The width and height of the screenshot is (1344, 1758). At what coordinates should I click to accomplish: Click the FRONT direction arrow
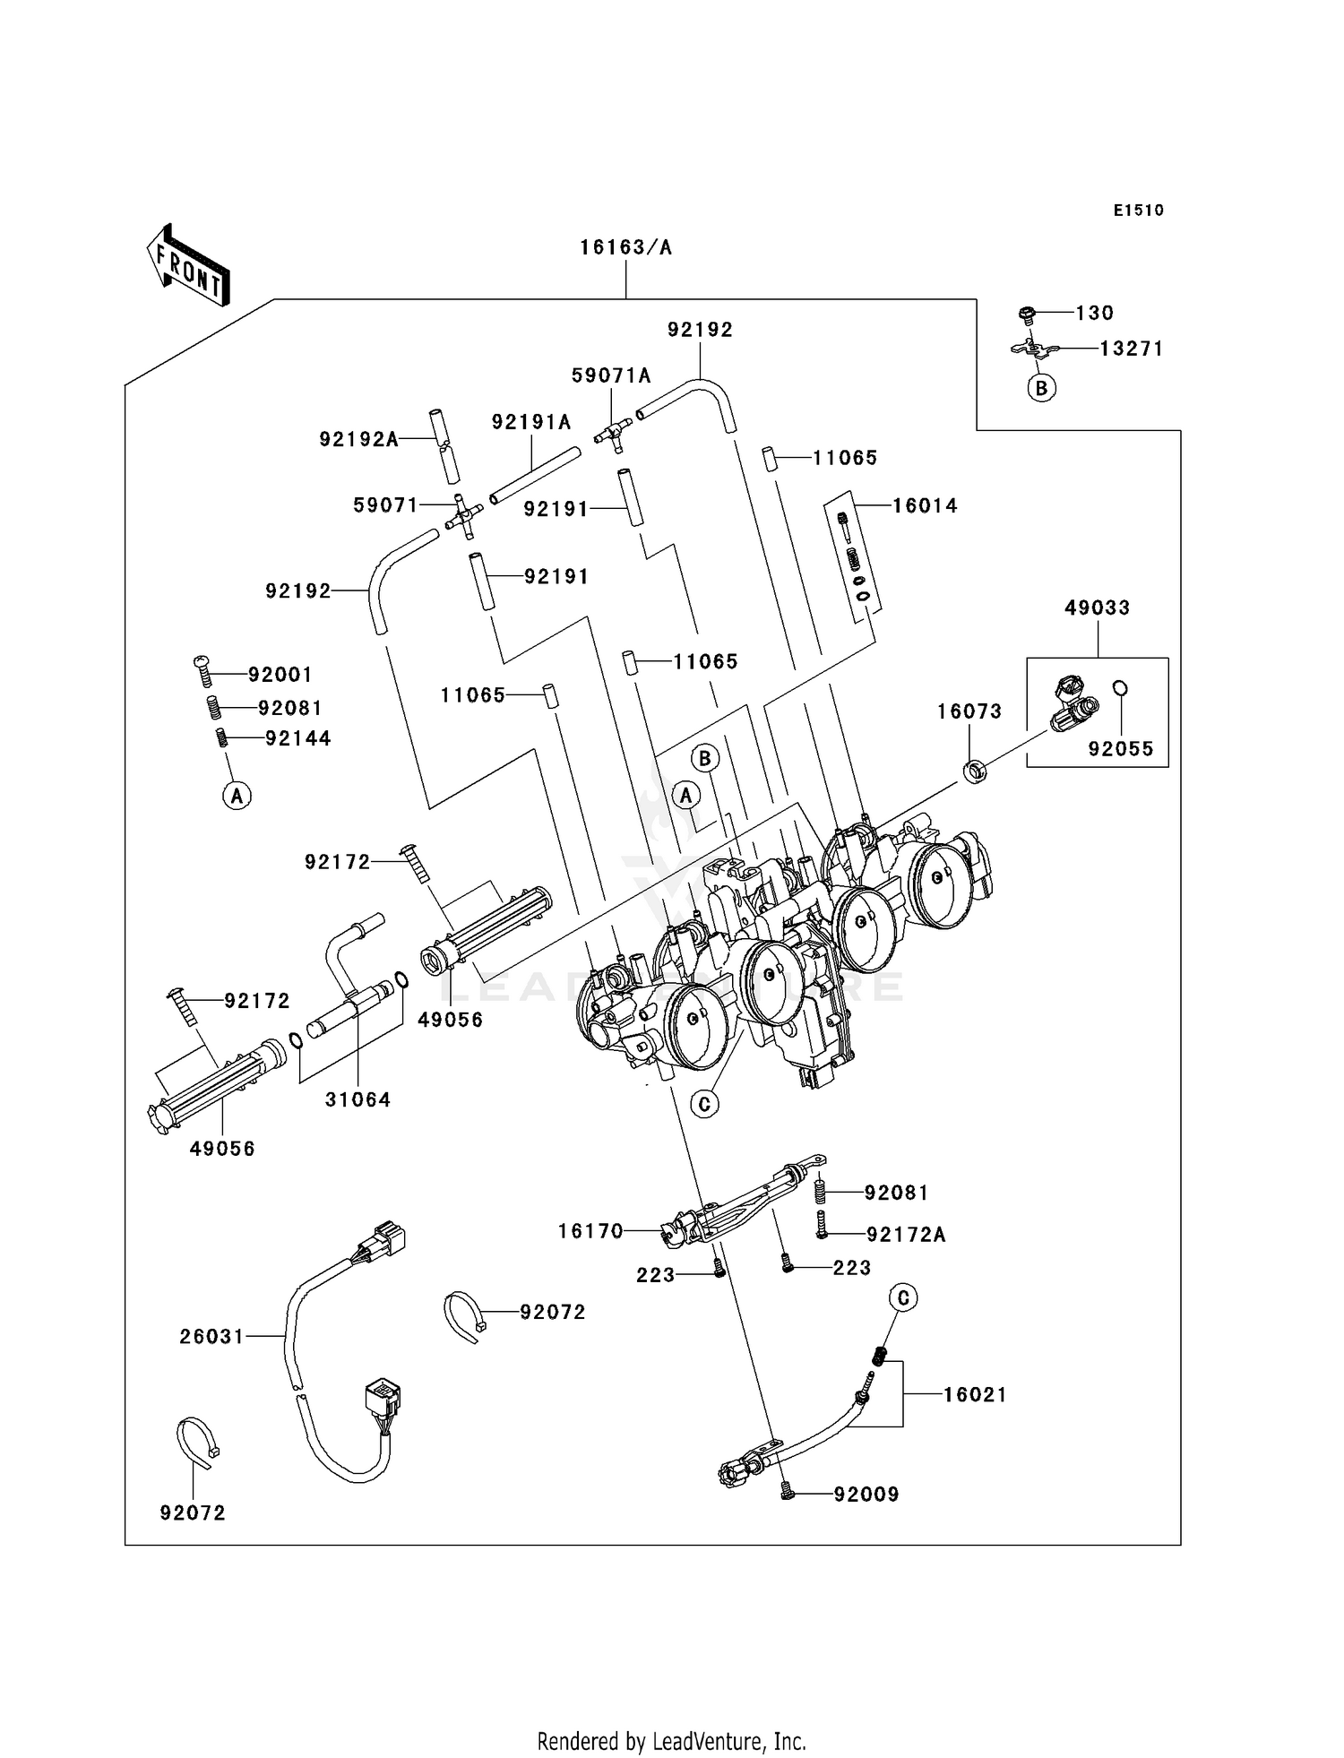[188, 265]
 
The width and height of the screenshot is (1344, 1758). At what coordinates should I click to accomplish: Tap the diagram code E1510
[1139, 211]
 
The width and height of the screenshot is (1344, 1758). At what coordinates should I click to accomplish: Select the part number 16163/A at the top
[625, 247]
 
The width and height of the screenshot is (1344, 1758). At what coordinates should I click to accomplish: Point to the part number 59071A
[611, 376]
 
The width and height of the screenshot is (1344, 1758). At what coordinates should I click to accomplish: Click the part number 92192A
[358, 439]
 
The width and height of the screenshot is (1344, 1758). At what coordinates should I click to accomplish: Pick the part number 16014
[925, 506]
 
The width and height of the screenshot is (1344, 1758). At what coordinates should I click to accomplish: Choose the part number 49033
[1097, 608]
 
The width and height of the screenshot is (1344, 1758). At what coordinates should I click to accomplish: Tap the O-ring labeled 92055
[1120, 688]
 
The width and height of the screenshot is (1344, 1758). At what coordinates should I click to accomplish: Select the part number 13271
[1132, 349]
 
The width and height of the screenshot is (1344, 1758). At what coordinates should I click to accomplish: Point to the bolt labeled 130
[1027, 315]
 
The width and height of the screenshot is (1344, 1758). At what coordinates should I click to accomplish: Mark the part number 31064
[358, 1099]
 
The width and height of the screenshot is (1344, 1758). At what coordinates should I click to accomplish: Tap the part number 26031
[211, 1337]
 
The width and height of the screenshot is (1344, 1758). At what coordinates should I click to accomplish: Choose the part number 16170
[590, 1231]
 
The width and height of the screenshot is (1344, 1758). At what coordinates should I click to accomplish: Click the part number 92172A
[906, 1235]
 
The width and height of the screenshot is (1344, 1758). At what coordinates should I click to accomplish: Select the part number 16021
[975, 1395]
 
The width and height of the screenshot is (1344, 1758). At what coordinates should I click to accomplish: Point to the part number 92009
[866, 1495]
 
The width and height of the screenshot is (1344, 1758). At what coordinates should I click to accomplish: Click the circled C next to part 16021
[903, 1297]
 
